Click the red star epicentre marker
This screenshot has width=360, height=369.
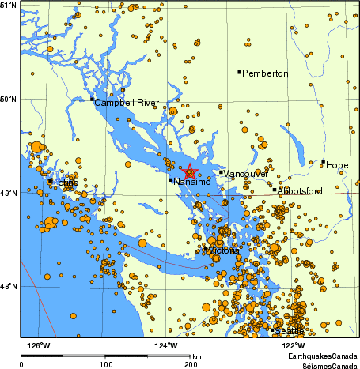pos(189,171)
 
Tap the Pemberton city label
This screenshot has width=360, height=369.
pos(266,73)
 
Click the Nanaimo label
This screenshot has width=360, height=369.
pos(192,183)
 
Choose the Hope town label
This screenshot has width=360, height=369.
pos(337,165)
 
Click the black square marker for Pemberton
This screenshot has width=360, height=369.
pos(239,72)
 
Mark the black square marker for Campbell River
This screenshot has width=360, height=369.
pos(92,99)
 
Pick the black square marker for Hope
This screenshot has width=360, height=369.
pos(323,161)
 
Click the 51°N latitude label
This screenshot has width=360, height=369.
pos(10,5)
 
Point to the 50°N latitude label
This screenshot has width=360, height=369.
pos(10,99)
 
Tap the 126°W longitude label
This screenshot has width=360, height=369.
pos(39,345)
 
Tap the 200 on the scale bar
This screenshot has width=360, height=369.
pos(189,364)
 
